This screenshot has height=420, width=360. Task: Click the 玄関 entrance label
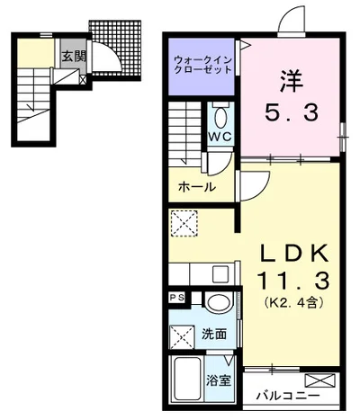(74, 56)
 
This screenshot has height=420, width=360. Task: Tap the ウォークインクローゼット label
(203, 65)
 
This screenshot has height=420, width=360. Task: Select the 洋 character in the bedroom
(292, 81)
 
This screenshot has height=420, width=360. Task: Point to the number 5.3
(291, 112)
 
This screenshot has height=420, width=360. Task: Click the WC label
(220, 137)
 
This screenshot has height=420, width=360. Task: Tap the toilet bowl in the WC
(221, 118)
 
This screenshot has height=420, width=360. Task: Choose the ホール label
(197, 187)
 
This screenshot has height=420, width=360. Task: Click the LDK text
(293, 255)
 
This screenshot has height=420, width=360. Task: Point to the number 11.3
(293, 281)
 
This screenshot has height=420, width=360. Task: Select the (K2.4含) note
(293, 302)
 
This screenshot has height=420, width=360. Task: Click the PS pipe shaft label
(177, 298)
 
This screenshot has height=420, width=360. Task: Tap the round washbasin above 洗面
(219, 303)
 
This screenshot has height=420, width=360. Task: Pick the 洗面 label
(214, 335)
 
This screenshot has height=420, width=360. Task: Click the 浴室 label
(219, 380)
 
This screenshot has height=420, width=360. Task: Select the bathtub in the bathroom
(187, 380)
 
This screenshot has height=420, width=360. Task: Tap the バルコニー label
(288, 397)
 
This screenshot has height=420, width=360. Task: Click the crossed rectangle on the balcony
(319, 380)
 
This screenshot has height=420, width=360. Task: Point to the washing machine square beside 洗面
(183, 337)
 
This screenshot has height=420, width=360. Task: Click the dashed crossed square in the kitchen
(184, 224)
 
